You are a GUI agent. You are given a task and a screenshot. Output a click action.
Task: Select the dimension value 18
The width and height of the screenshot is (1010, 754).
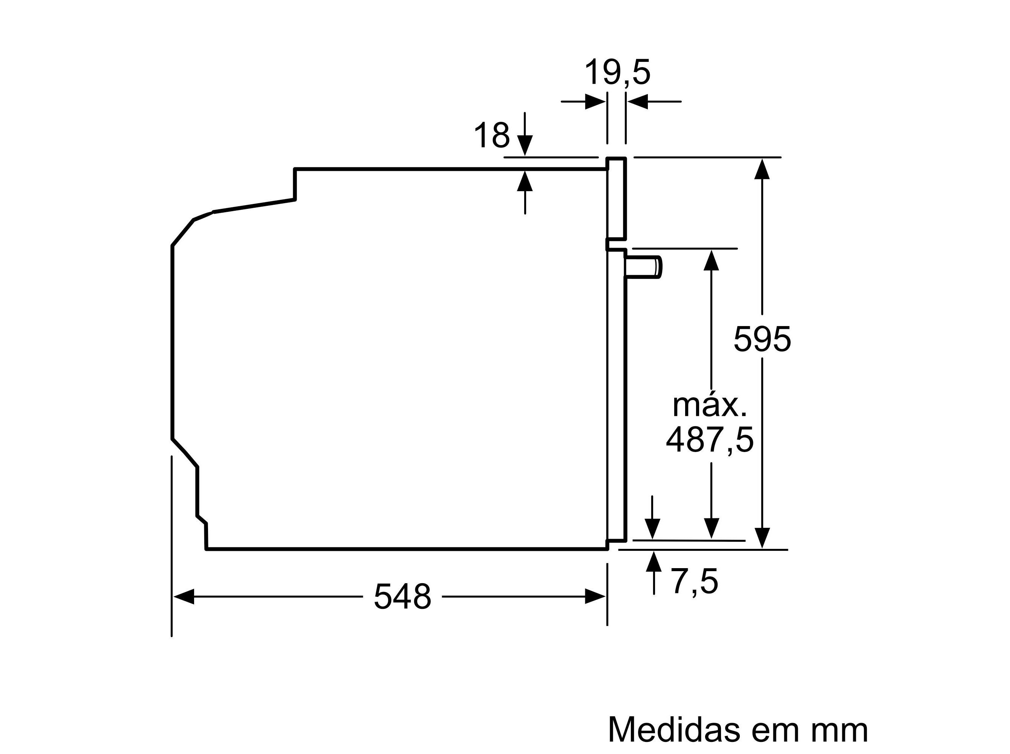pyautogui.click(x=491, y=136)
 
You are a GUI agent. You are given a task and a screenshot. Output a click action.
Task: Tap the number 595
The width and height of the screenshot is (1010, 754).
pyautogui.click(x=761, y=340)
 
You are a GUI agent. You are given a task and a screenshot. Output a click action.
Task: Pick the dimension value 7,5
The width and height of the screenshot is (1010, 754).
pyautogui.click(x=694, y=581)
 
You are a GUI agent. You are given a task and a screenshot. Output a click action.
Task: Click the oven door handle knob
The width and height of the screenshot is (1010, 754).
pyautogui.click(x=643, y=267)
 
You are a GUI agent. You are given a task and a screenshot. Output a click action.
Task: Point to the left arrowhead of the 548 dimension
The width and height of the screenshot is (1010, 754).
pyautogui.click(x=184, y=596)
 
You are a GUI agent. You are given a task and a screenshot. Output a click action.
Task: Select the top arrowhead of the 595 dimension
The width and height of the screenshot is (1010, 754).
pyautogui.click(x=762, y=169)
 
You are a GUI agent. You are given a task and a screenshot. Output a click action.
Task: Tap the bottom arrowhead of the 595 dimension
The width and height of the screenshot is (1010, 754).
pyautogui.click(x=762, y=538)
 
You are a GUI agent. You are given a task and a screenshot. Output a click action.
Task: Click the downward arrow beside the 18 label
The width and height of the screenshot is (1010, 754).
pyautogui.click(x=525, y=145)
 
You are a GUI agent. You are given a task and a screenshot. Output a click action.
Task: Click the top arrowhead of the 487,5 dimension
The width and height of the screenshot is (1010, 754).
pyautogui.click(x=711, y=260)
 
